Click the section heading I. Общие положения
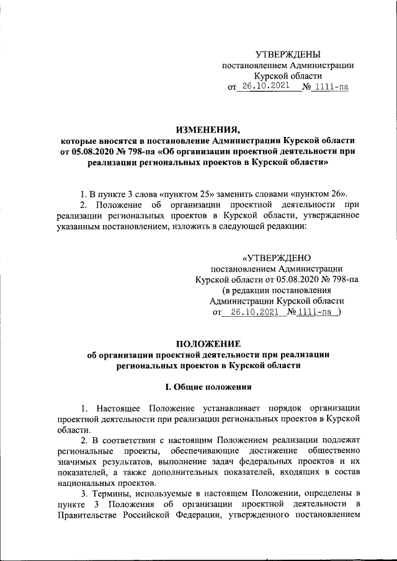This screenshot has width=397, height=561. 207,387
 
